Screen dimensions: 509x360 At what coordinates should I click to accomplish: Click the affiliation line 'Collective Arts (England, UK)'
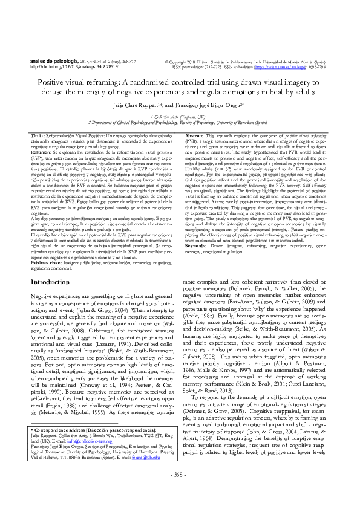click(180, 115)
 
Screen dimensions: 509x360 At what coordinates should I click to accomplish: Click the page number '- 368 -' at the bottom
click(180, 490)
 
